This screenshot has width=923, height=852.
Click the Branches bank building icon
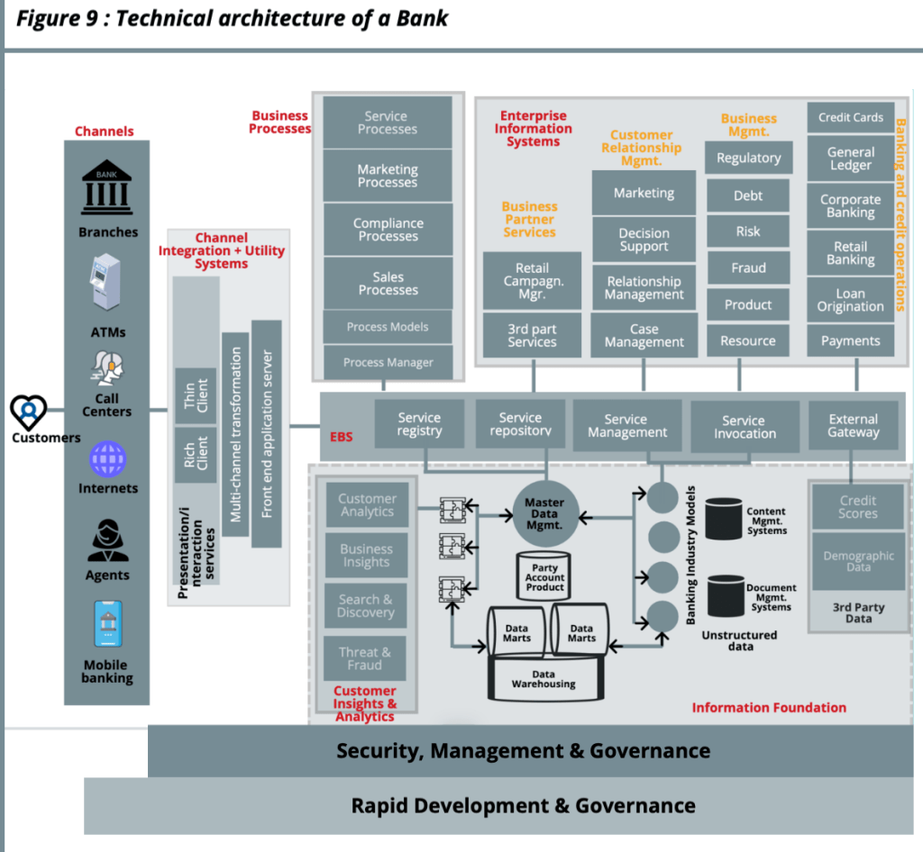tap(106, 188)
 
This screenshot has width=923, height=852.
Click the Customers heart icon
tap(29, 412)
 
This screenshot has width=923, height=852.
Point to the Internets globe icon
tap(107, 458)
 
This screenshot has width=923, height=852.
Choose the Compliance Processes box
tap(388, 230)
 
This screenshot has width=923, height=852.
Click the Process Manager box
tap(388, 362)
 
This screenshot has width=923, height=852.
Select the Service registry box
tap(419, 424)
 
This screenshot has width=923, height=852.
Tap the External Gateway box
tap(853, 425)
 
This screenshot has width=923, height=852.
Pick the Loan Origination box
tap(851, 300)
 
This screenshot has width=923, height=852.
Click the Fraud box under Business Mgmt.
tap(748, 267)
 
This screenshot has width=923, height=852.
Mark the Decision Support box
tap(644, 240)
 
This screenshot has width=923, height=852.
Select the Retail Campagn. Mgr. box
tap(532, 280)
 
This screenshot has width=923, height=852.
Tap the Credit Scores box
tap(857, 506)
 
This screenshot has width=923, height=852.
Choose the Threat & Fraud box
tap(365, 658)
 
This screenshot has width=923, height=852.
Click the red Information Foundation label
tap(769, 707)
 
